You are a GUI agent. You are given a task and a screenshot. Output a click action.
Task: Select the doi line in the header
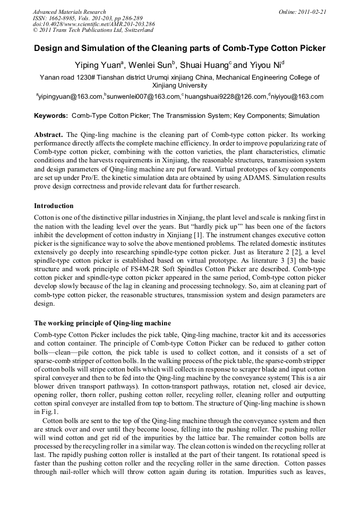(93, 24)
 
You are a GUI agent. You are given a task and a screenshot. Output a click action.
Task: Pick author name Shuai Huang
(202, 65)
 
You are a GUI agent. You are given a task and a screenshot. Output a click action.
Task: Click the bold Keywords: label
(51, 116)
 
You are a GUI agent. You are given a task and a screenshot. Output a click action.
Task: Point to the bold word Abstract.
(48, 135)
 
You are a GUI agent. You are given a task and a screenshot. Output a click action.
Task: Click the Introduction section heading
(54, 205)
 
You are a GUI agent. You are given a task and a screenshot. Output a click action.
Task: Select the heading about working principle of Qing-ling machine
(102, 323)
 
